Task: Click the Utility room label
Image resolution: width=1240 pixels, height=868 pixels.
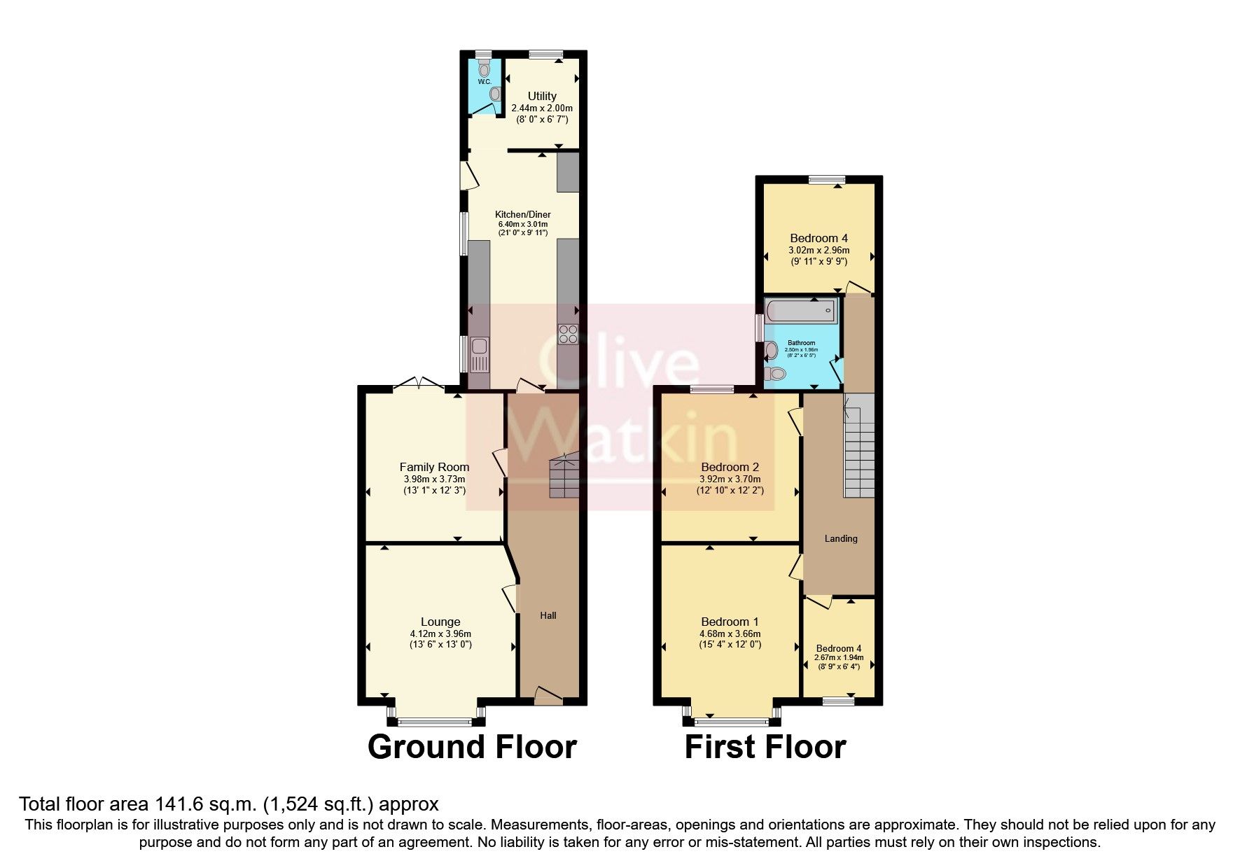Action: click(x=542, y=96)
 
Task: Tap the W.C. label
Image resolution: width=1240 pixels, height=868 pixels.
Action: click(x=485, y=82)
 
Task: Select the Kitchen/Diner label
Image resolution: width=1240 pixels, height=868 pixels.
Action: click(x=522, y=214)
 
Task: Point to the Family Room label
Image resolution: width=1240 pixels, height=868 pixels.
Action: click(x=434, y=467)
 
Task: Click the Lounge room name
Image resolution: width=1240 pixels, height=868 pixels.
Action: click(x=440, y=622)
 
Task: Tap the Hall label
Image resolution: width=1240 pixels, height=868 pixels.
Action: click(x=548, y=615)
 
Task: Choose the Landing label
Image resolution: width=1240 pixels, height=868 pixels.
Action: click(x=840, y=538)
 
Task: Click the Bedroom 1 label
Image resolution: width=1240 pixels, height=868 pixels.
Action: click(x=730, y=622)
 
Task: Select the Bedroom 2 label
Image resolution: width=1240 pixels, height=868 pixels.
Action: click(x=730, y=467)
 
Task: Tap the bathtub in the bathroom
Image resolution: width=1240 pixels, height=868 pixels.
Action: click(x=800, y=309)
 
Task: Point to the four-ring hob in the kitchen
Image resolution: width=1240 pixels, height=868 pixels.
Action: click(x=568, y=335)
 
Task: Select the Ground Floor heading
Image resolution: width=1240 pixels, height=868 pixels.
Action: click(x=472, y=747)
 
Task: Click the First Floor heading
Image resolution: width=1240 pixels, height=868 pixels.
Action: click(x=765, y=747)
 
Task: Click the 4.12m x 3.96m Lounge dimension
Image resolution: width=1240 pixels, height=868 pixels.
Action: click(x=440, y=634)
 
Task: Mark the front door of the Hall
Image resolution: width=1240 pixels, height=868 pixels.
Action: click(x=548, y=695)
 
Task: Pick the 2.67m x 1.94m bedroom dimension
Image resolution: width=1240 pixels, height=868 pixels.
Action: click(x=840, y=658)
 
